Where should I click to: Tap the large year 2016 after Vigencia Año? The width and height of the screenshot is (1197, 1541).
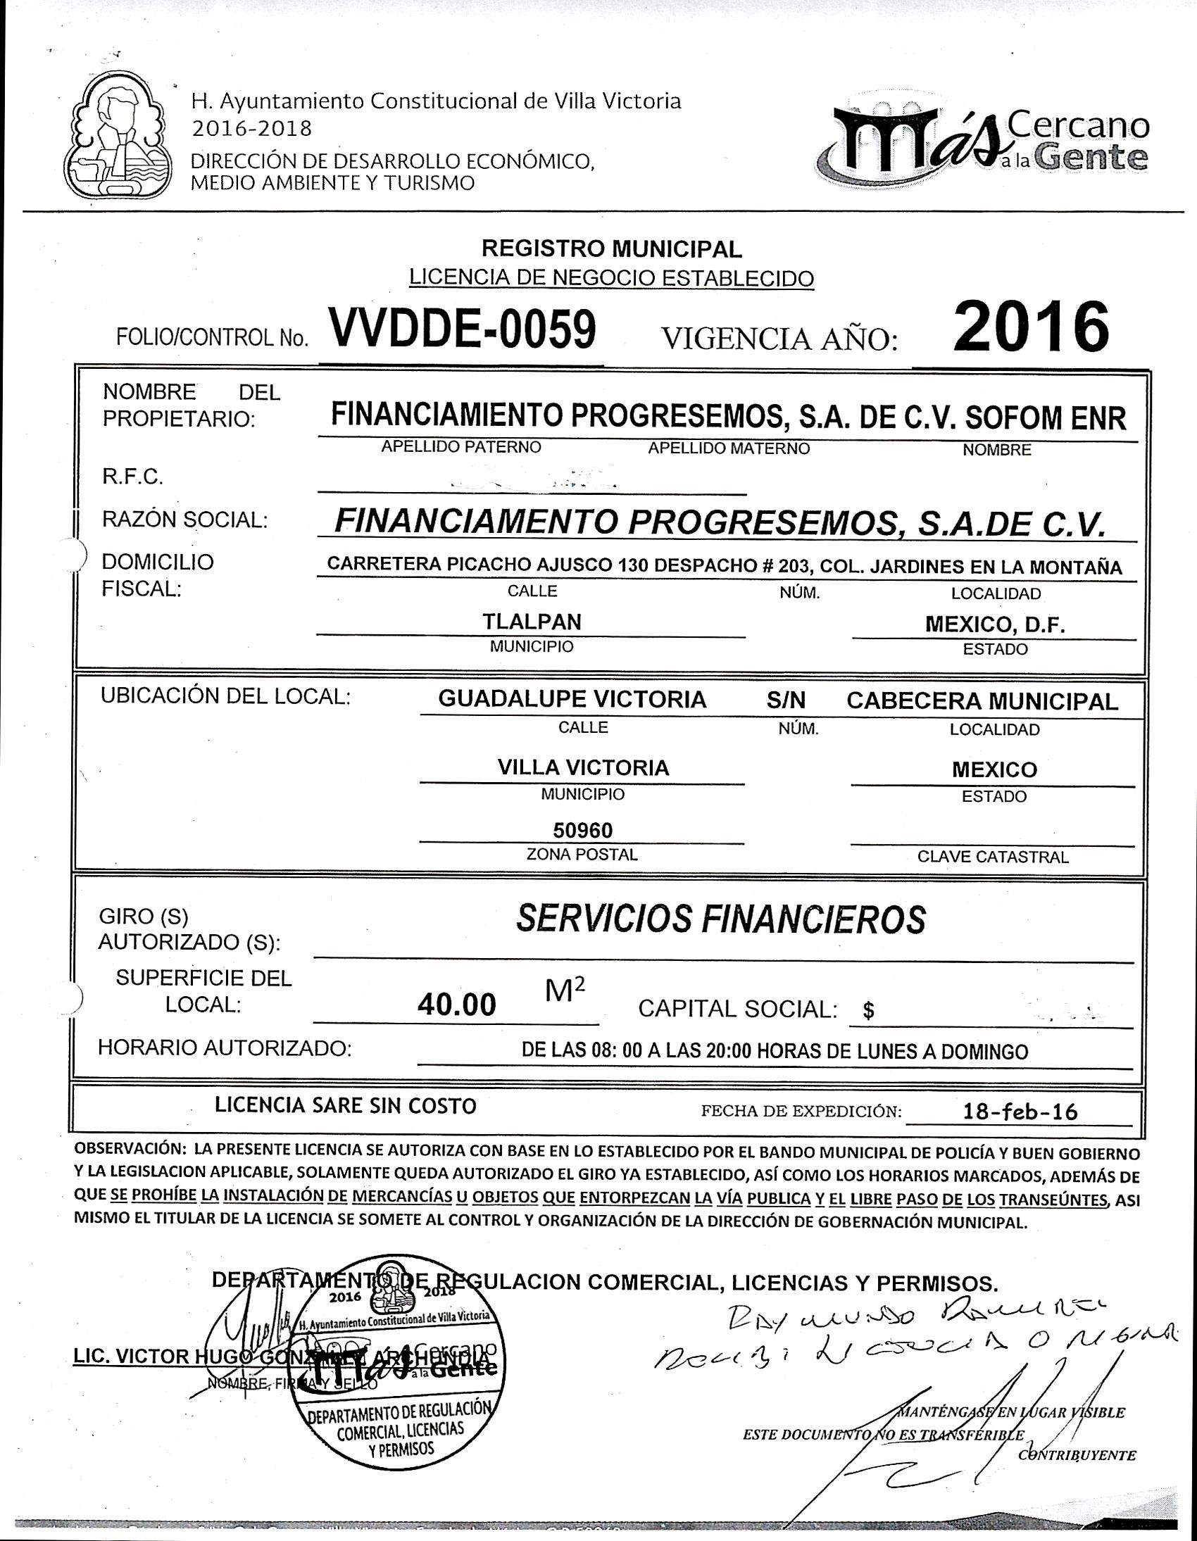[1029, 327]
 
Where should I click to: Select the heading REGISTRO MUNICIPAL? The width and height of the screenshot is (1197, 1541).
[611, 249]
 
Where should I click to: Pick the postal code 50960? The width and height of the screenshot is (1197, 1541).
[582, 830]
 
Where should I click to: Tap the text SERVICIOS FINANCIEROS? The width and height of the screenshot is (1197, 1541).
[720, 919]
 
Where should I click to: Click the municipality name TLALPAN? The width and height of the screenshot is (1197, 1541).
[532, 622]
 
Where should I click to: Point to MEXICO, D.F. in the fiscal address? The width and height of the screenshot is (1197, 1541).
[994, 624]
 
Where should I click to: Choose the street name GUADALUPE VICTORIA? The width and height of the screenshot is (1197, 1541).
[572, 699]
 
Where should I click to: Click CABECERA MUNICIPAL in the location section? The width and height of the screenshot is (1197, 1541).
[982, 700]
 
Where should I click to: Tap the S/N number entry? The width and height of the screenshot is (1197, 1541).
[786, 700]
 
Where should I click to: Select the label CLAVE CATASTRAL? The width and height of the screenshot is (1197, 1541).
[992, 857]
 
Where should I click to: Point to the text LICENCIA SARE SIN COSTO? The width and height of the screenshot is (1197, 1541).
[346, 1105]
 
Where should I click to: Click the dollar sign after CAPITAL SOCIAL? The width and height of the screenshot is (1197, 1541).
[869, 1011]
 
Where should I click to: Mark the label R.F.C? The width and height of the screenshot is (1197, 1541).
[132, 477]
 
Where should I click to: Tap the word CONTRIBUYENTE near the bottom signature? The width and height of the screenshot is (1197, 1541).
[1077, 1454]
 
